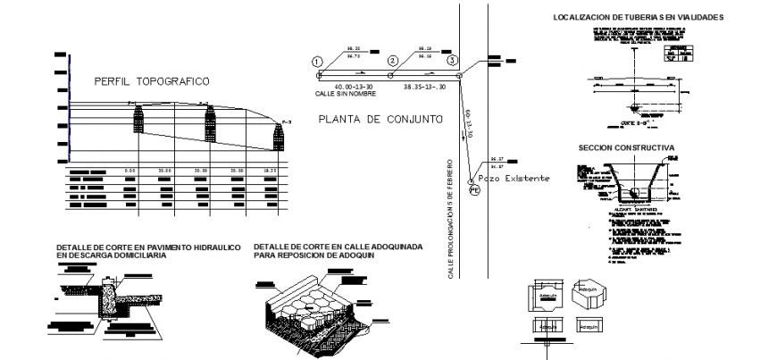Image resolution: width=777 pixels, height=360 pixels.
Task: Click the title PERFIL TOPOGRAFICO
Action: click(152, 81)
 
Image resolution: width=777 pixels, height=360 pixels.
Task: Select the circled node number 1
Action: click(316, 61)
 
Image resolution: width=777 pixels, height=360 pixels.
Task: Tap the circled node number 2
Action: click(392, 61)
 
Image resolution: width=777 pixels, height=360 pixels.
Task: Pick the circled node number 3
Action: click(452, 61)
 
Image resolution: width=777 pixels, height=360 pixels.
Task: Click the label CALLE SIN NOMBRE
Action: click(340, 93)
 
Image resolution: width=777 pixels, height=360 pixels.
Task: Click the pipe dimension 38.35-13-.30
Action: click(424, 87)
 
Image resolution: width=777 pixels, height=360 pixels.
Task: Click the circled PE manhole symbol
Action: click(474, 187)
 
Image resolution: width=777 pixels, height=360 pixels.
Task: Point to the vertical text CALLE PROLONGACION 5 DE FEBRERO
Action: click(452, 218)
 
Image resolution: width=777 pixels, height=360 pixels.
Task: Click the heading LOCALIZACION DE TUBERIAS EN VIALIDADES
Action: click(638, 17)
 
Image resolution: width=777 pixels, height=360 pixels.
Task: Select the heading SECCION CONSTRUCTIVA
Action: click(625, 147)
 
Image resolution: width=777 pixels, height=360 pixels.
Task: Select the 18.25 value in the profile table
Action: click(271, 169)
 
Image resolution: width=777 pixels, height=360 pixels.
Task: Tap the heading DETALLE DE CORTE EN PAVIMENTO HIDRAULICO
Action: click(147, 247)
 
